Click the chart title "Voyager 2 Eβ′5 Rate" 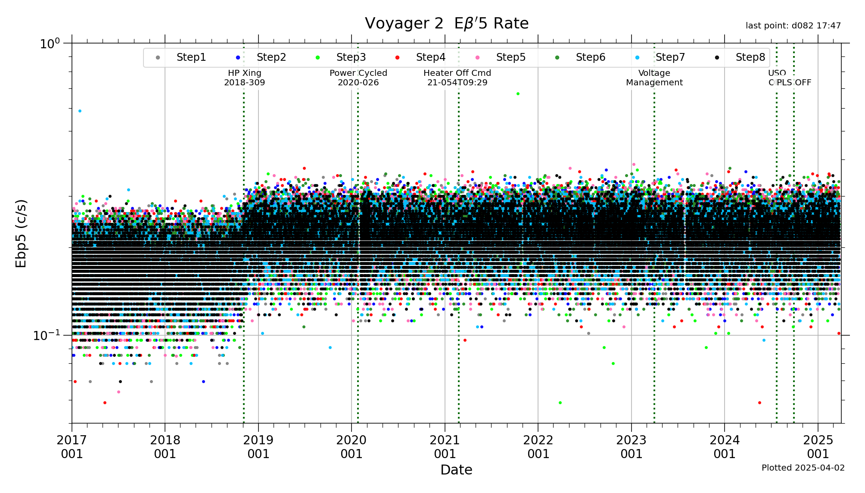coord(446,23)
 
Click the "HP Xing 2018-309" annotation coord(244,78)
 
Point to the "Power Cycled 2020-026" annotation coord(358,78)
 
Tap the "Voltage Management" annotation coord(654,78)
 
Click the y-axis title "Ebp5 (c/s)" coord(21,233)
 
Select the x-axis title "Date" coord(456,470)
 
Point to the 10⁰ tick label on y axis coord(50,44)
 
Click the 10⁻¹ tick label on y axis coord(47,335)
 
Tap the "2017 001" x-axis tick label coord(72,447)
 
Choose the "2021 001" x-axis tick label coord(445,447)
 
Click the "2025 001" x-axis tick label coord(818,447)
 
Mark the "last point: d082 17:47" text coord(793,26)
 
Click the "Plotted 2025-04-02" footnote coord(803,468)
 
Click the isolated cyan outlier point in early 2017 coord(80,111)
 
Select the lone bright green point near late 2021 coord(518,94)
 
